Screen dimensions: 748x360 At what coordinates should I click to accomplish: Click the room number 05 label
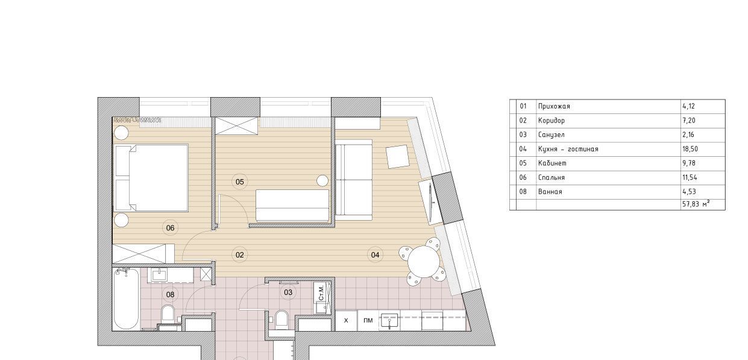click(240, 182)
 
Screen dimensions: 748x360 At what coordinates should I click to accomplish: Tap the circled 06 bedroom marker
click(171, 228)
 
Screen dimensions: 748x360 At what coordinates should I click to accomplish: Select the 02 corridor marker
click(240, 255)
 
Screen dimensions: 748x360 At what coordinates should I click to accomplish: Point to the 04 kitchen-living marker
click(375, 255)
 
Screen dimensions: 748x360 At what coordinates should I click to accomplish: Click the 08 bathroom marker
click(171, 294)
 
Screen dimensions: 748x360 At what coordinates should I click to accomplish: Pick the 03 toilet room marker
click(288, 292)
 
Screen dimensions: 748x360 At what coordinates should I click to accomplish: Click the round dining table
click(423, 262)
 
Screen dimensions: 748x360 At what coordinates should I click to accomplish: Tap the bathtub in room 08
click(126, 299)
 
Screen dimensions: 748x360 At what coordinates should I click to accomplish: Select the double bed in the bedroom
click(151, 178)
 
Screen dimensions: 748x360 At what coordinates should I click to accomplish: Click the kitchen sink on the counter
click(390, 321)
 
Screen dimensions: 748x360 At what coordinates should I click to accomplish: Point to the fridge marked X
click(347, 321)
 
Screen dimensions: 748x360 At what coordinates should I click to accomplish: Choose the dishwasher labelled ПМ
click(368, 321)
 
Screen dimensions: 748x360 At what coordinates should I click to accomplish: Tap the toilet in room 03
click(282, 319)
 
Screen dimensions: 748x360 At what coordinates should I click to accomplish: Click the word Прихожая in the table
click(554, 107)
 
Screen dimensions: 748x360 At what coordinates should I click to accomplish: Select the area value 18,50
click(690, 150)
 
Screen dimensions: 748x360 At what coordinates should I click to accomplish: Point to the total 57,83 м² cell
click(696, 204)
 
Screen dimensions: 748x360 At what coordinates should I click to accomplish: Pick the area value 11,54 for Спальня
click(690, 178)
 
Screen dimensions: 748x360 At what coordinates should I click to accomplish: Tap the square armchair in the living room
click(397, 157)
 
